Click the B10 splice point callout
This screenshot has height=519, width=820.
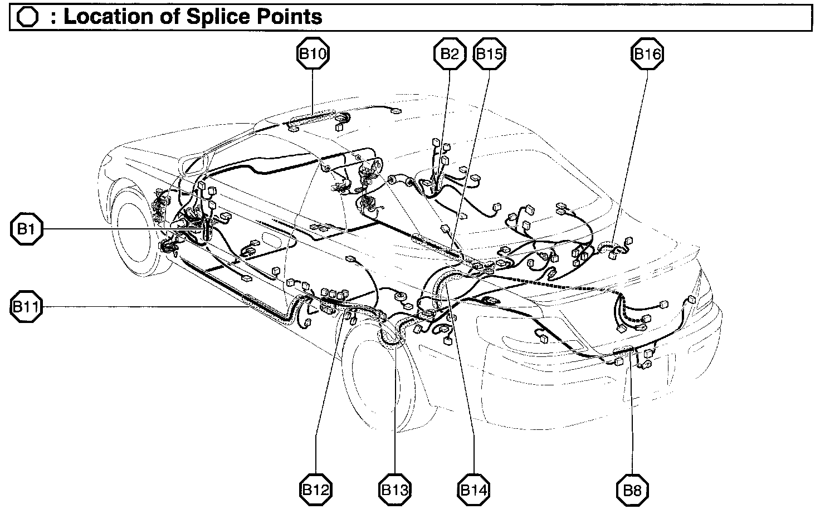pos(313,54)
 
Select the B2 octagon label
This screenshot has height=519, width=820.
pos(450,54)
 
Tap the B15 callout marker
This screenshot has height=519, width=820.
pos(490,54)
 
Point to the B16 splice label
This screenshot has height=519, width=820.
pos(647,54)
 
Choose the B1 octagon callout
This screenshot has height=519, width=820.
pos(26,229)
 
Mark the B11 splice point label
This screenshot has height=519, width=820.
pos(26,306)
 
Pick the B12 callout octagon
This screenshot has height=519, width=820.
pos(316,489)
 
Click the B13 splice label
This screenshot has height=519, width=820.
pos(395,489)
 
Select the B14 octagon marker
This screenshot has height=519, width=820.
pos(474,489)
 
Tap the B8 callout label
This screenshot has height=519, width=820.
pos(633,489)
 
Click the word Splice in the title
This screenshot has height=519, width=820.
pos(214,17)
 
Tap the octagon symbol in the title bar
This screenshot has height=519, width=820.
pos(28,17)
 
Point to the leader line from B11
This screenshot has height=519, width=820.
pos(139,306)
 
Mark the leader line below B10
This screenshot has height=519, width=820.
pos(313,92)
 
